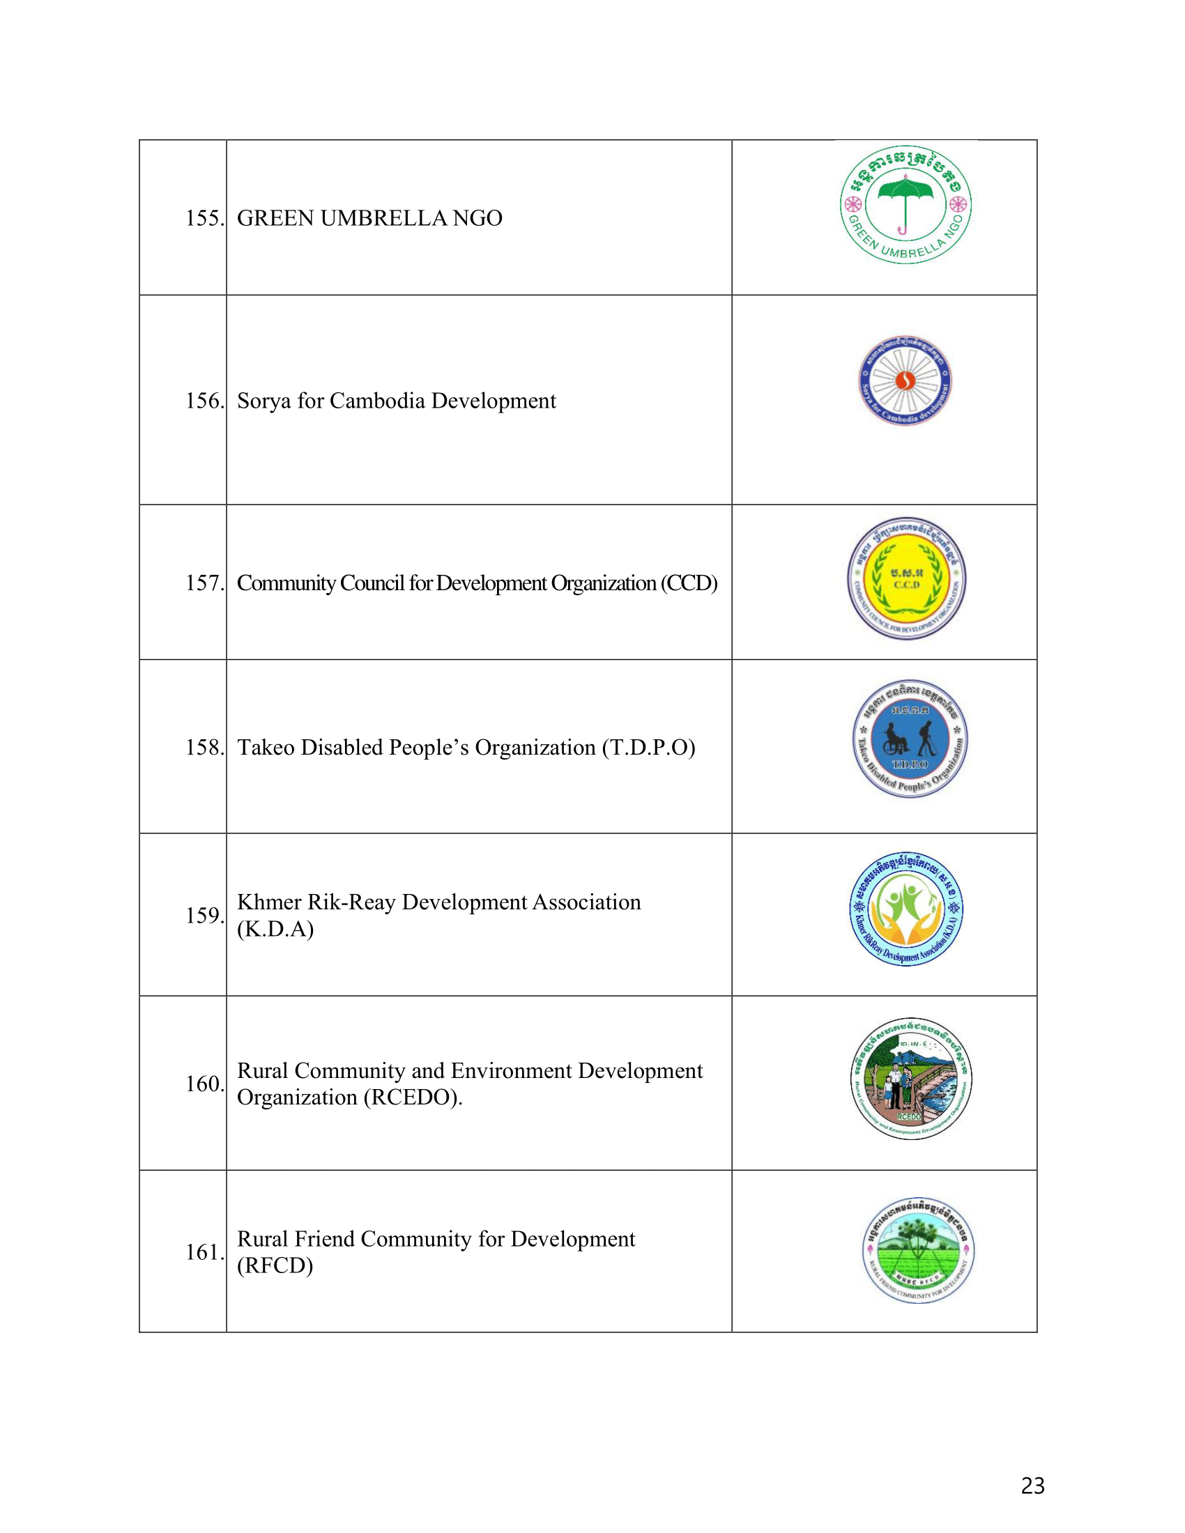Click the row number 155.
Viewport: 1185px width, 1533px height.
coord(204,218)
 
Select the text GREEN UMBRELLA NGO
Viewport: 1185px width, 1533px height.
coord(369,218)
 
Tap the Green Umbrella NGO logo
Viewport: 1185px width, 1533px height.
coord(905,205)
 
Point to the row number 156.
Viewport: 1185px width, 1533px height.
coord(204,401)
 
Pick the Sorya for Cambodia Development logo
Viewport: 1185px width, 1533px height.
coord(905,380)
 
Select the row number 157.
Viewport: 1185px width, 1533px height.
coord(204,583)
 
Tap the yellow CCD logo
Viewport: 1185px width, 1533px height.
coord(906,579)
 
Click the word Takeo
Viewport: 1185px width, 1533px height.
coord(266,748)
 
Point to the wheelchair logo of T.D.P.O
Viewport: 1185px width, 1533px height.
coord(910,739)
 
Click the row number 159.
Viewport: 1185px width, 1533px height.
coord(204,916)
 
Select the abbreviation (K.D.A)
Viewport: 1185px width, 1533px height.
coord(275,930)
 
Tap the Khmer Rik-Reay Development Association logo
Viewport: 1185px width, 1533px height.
coord(906,909)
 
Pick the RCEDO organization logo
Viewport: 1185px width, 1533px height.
coord(910,1078)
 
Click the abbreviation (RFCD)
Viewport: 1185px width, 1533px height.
coord(275,1265)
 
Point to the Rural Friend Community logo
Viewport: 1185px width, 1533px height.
coord(918,1251)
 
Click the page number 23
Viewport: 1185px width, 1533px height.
coord(1032,1486)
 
